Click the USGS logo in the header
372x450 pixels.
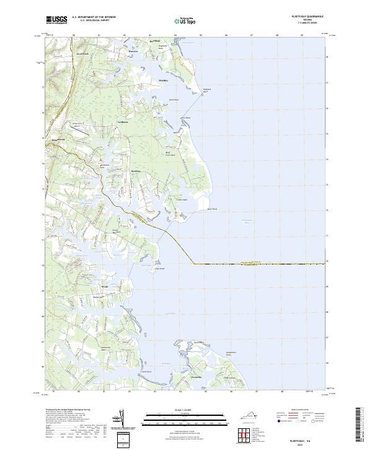(x=56, y=20)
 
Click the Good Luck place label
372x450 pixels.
(x=82, y=55)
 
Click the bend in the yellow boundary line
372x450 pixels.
(x=193, y=263)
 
